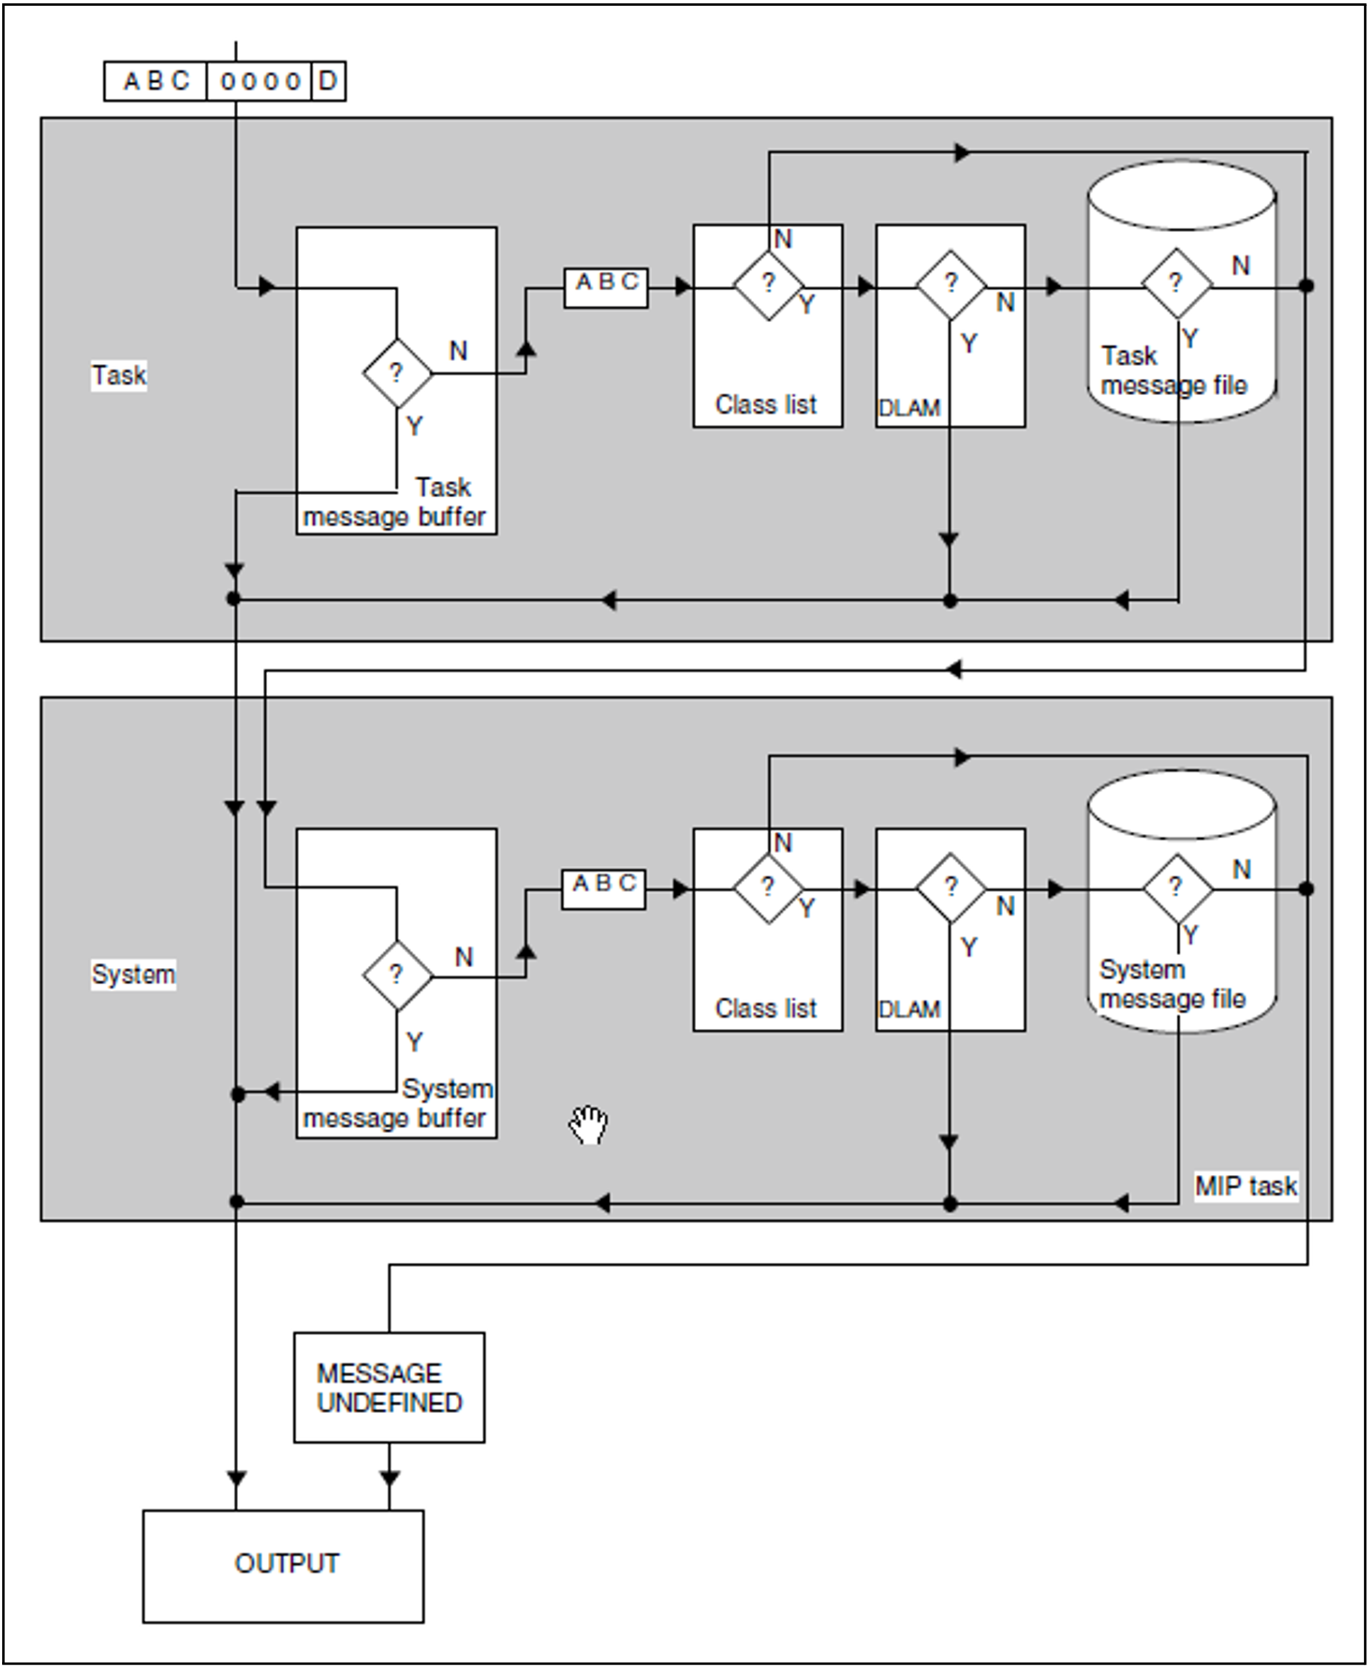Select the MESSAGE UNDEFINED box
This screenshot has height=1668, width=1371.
(388, 1387)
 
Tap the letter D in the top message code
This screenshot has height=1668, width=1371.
(328, 80)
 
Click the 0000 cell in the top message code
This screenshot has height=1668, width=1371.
(260, 81)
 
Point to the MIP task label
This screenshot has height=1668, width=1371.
(1245, 1186)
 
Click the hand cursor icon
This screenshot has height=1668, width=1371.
(588, 1125)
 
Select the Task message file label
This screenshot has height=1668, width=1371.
(1173, 371)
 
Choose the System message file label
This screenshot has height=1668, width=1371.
(1172, 984)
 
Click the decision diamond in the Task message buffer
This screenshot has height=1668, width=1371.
(397, 373)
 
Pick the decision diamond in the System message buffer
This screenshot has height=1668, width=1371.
(397, 975)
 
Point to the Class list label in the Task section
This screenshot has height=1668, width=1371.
(765, 404)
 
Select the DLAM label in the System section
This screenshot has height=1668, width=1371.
(909, 1009)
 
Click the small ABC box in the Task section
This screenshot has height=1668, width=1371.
(606, 287)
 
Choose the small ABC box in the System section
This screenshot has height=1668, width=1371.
(603, 889)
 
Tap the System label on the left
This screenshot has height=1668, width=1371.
(133, 974)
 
